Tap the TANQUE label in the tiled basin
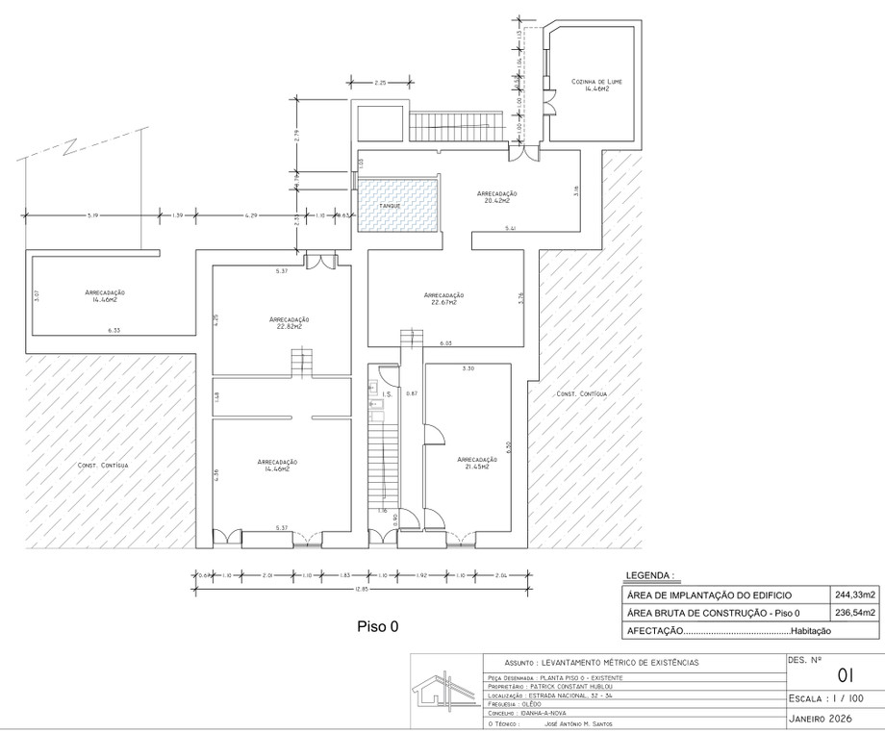coord(390,207)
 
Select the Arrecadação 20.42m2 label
coord(497,197)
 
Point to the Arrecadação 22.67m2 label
coord(442,298)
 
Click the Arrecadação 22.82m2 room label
coord(289,322)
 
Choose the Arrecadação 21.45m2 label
coord(477,463)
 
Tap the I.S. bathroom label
coord(386,395)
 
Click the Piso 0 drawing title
coord(377,625)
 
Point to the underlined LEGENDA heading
coord(650,576)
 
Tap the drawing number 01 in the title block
coord(847,673)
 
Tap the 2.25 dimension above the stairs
coord(380,84)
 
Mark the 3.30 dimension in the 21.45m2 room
coord(468,369)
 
